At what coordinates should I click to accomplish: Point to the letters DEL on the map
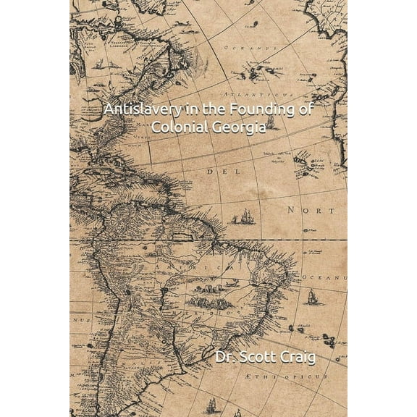[x=216, y=173]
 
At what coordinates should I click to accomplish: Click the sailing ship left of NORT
[x=246, y=216]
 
